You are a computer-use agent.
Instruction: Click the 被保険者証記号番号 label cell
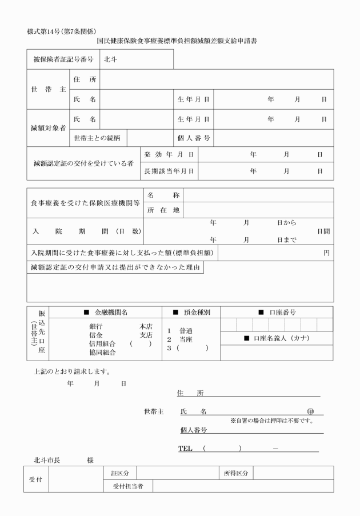pyautogui.click(x=62, y=59)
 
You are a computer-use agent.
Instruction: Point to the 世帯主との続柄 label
pyautogui.click(x=97, y=138)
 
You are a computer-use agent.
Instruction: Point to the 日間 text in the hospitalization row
pyautogui.click(x=323, y=231)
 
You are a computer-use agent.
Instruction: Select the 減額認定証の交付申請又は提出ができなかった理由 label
pyautogui.click(x=115, y=267)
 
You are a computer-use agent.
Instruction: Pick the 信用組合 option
pyautogui.click(x=102, y=343)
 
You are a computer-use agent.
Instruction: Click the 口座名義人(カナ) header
pyautogui.click(x=277, y=338)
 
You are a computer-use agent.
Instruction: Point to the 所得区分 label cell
pyautogui.click(x=234, y=473)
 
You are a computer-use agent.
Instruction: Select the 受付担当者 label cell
pyautogui.click(x=127, y=486)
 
